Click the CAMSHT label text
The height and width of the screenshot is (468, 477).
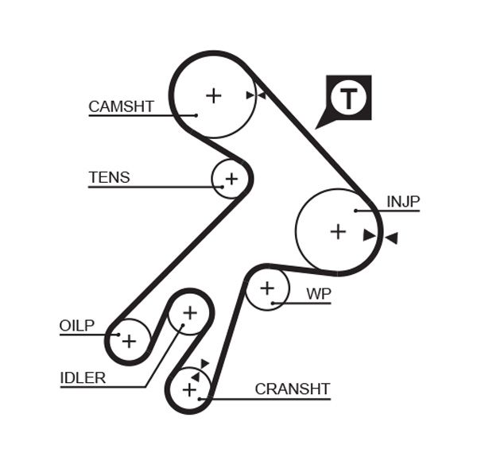click(x=121, y=106)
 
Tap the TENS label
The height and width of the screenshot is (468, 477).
click(x=109, y=178)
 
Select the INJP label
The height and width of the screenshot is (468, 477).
click(x=402, y=202)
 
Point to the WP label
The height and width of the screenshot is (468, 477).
click(x=318, y=294)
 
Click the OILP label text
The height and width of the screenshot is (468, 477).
click(x=77, y=325)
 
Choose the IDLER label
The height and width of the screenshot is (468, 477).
click(x=83, y=378)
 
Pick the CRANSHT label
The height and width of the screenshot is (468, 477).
click(x=292, y=389)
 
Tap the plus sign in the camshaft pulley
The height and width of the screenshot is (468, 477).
click(x=213, y=95)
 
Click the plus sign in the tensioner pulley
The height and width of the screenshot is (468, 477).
click(x=231, y=179)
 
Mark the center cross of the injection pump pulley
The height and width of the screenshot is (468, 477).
click(x=338, y=231)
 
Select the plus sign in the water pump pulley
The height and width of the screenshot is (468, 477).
click(x=267, y=288)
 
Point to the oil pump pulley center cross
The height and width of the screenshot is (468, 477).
click(x=129, y=341)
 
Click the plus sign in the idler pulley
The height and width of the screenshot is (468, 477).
click(x=189, y=313)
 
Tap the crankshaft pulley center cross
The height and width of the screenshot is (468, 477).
click(x=189, y=390)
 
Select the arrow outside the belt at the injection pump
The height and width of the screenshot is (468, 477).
click(x=391, y=238)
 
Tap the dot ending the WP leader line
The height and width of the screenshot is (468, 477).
click(x=272, y=303)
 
